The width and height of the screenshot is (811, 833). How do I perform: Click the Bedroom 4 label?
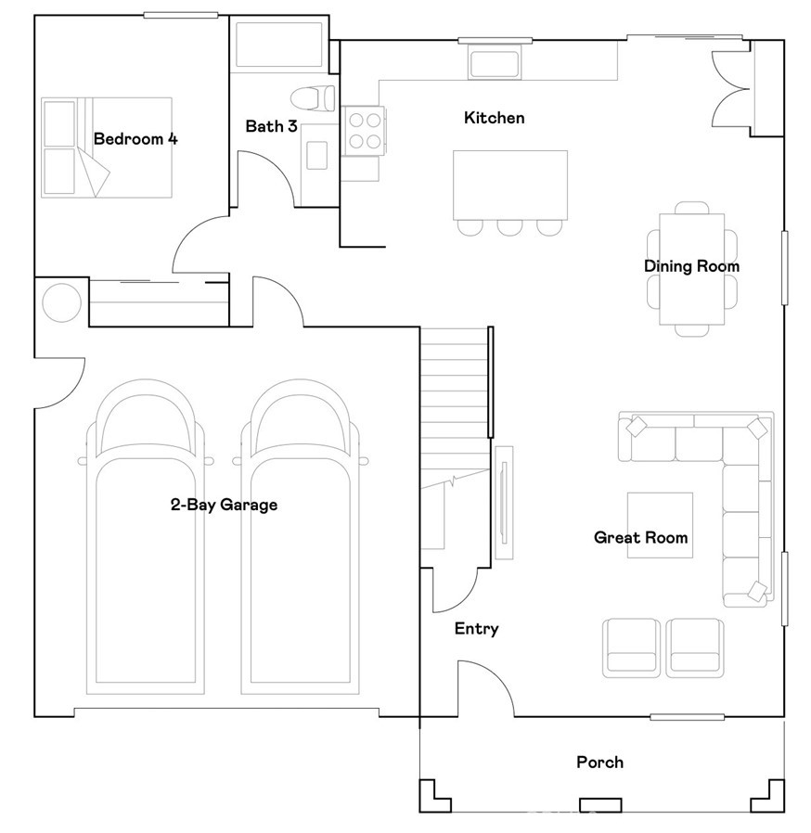coord(135,138)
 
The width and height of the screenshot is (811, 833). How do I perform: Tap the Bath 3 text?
coord(271,126)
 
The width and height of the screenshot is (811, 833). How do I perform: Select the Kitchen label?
coord(495,118)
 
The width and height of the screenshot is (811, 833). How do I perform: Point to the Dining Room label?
coord(691,266)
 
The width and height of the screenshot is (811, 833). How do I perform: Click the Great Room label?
coord(640,537)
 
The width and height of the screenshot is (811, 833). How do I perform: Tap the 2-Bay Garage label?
coord(224,504)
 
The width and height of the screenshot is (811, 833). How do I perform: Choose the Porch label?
coord(600,763)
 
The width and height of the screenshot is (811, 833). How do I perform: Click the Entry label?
coord(477,629)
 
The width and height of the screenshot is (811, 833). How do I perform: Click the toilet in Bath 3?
coord(313,98)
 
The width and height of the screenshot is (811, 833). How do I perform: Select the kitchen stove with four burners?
coord(365,131)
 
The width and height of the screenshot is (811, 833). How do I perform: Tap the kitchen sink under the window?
coord(495,63)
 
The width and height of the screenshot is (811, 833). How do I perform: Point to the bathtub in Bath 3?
coord(278,45)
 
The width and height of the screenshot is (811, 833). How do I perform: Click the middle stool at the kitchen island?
coord(510,227)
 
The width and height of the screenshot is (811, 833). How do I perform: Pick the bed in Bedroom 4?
coord(107,147)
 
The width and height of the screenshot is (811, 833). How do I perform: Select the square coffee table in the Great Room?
coord(660,525)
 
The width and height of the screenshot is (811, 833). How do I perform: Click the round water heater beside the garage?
coord(61,302)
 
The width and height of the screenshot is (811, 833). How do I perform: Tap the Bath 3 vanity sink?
coord(316,155)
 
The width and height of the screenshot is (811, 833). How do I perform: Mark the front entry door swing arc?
coord(485,688)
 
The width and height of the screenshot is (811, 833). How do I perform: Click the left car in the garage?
coord(146,536)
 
